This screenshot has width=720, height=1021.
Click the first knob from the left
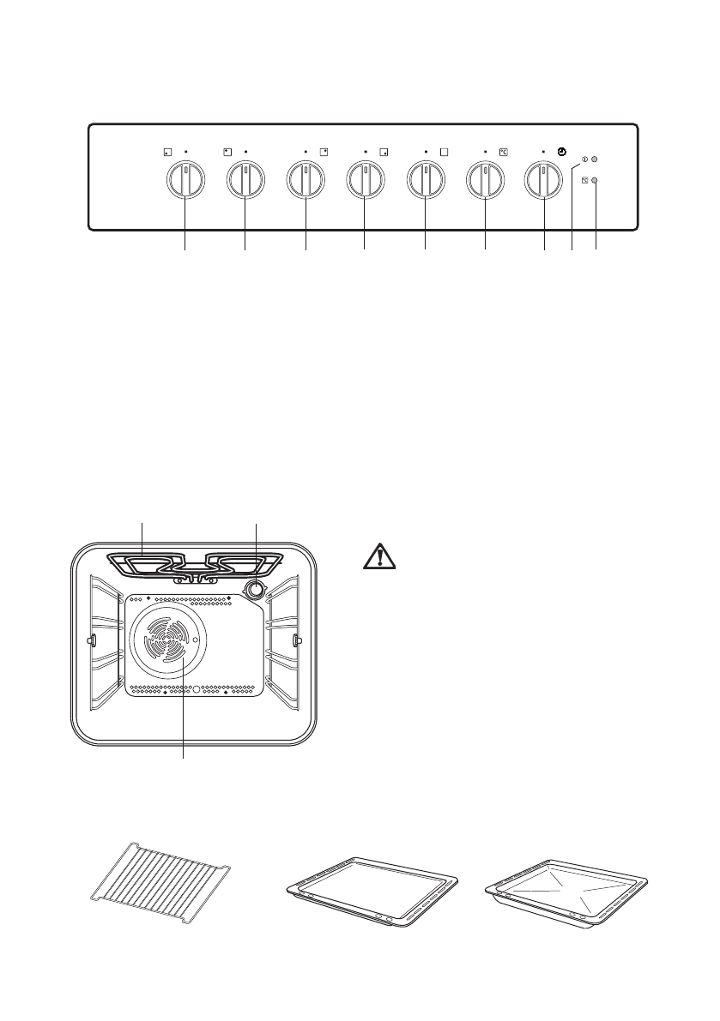click(185, 181)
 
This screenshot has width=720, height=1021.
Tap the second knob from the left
click(245, 181)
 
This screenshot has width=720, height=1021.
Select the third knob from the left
click(306, 181)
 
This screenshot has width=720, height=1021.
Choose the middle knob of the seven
click(365, 181)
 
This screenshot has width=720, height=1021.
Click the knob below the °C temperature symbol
click(484, 181)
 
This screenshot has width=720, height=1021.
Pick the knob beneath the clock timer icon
click(543, 181)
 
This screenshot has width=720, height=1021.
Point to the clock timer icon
click(561, 152)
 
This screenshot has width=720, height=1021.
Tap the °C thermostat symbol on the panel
click(503, 153)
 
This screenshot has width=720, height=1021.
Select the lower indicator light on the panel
click(595, 180)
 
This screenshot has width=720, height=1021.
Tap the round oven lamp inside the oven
click(255, 589)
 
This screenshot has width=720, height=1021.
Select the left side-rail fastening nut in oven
click(89, 640)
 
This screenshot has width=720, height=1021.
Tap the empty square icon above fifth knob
click(445, 153)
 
